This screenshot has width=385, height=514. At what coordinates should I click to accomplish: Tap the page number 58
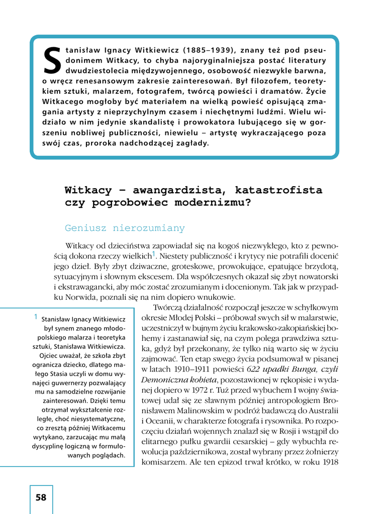click(x=41, y=497)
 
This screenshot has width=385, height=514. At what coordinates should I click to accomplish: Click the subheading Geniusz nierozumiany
click(x=125, y=228)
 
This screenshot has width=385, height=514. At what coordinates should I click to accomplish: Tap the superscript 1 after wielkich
click(x=154, y=254)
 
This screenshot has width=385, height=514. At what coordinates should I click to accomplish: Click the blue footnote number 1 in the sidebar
click(x=36, y=317)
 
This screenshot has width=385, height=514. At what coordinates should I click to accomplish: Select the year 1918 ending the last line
click(x=329, y=462)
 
